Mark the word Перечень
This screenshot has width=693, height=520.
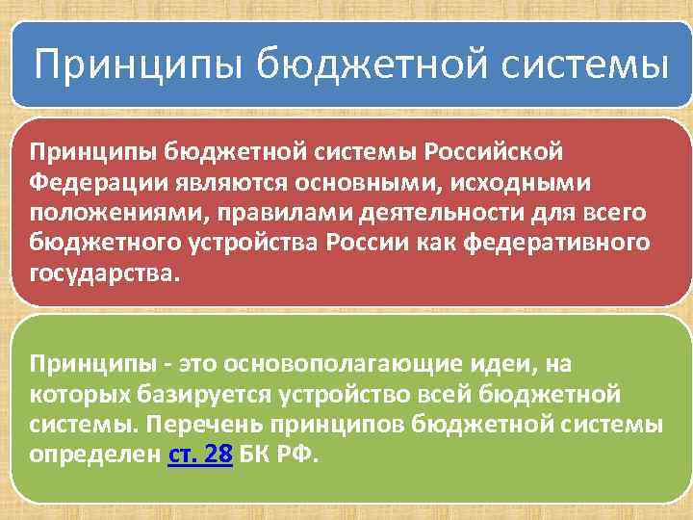pos(188,423)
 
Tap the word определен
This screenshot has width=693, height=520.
pos(90,454)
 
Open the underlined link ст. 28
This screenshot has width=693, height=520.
pos(200,454)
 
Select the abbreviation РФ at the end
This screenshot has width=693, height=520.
pos(298,454)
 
